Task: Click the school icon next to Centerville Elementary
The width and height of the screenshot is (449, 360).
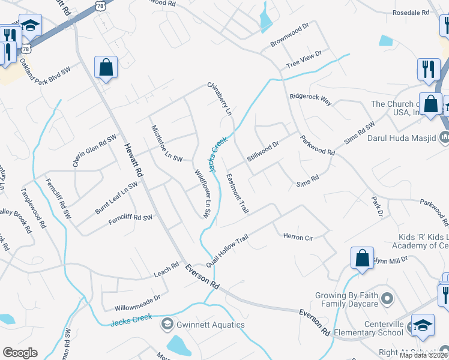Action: pos(422,324)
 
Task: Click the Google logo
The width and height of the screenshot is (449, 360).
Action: pos(20,353)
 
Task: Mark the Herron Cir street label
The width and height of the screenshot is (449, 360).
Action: pos(298,238)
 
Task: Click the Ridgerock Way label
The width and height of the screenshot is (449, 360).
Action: pos(310,99)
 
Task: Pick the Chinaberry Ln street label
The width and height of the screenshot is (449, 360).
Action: pos(219,99)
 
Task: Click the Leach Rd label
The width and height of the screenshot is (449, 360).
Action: pos(166,268)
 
